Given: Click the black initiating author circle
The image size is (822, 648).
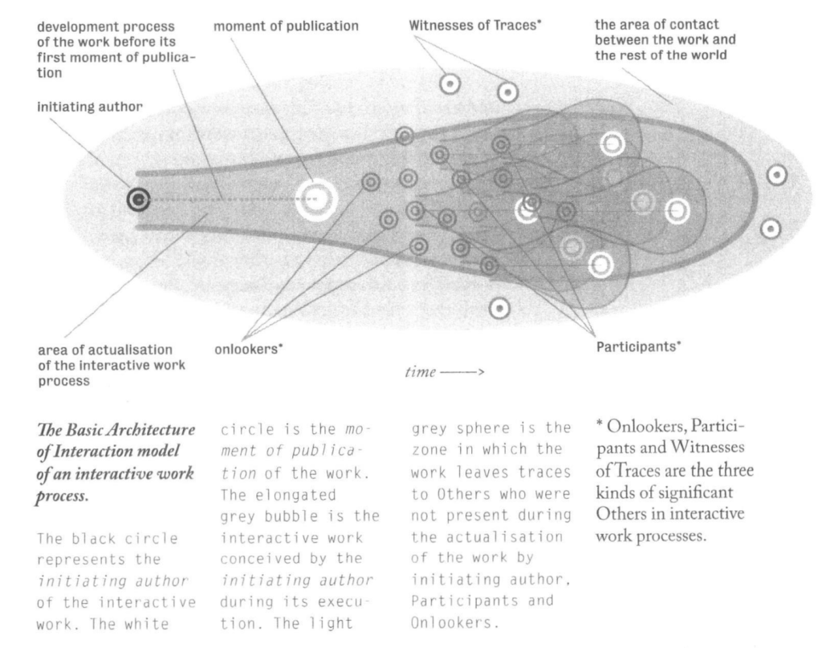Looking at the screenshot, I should coord(138,199).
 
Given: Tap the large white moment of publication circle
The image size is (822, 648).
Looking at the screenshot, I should coord(316,199).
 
